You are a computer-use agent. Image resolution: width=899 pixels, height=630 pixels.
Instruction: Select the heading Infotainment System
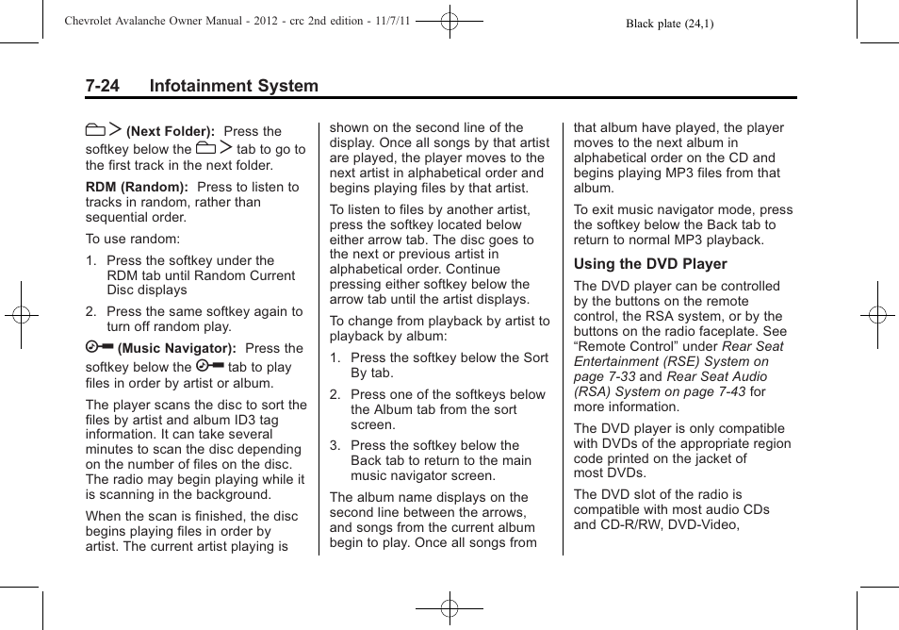click(233, 86)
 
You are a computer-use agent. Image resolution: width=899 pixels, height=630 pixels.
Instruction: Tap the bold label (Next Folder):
click(171, 132)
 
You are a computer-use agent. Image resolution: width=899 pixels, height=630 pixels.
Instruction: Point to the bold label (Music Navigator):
click(176, 349)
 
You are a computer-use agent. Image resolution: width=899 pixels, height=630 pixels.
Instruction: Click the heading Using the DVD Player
click(650, 264)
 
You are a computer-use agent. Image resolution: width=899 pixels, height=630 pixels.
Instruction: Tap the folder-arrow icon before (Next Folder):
click(103, 130)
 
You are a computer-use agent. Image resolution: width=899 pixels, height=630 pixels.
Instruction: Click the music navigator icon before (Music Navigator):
click(99, 348)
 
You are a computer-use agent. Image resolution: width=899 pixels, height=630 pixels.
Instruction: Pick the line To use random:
click(133, 240)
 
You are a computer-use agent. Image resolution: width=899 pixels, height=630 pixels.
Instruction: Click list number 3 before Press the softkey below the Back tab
click(335, 445)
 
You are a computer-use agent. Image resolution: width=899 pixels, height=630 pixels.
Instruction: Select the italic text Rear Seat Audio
click(717, 376)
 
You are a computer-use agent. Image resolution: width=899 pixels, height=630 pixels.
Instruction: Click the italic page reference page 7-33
click(605, 376)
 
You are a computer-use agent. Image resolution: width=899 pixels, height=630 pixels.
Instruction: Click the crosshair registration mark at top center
click(449, 20)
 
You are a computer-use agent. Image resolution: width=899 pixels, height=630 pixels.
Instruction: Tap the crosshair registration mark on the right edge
click(876, 315)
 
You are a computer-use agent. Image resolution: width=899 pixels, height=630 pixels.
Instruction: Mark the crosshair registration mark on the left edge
click(22, 315)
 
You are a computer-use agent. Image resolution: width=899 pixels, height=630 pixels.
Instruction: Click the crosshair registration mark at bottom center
click(449, 609)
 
